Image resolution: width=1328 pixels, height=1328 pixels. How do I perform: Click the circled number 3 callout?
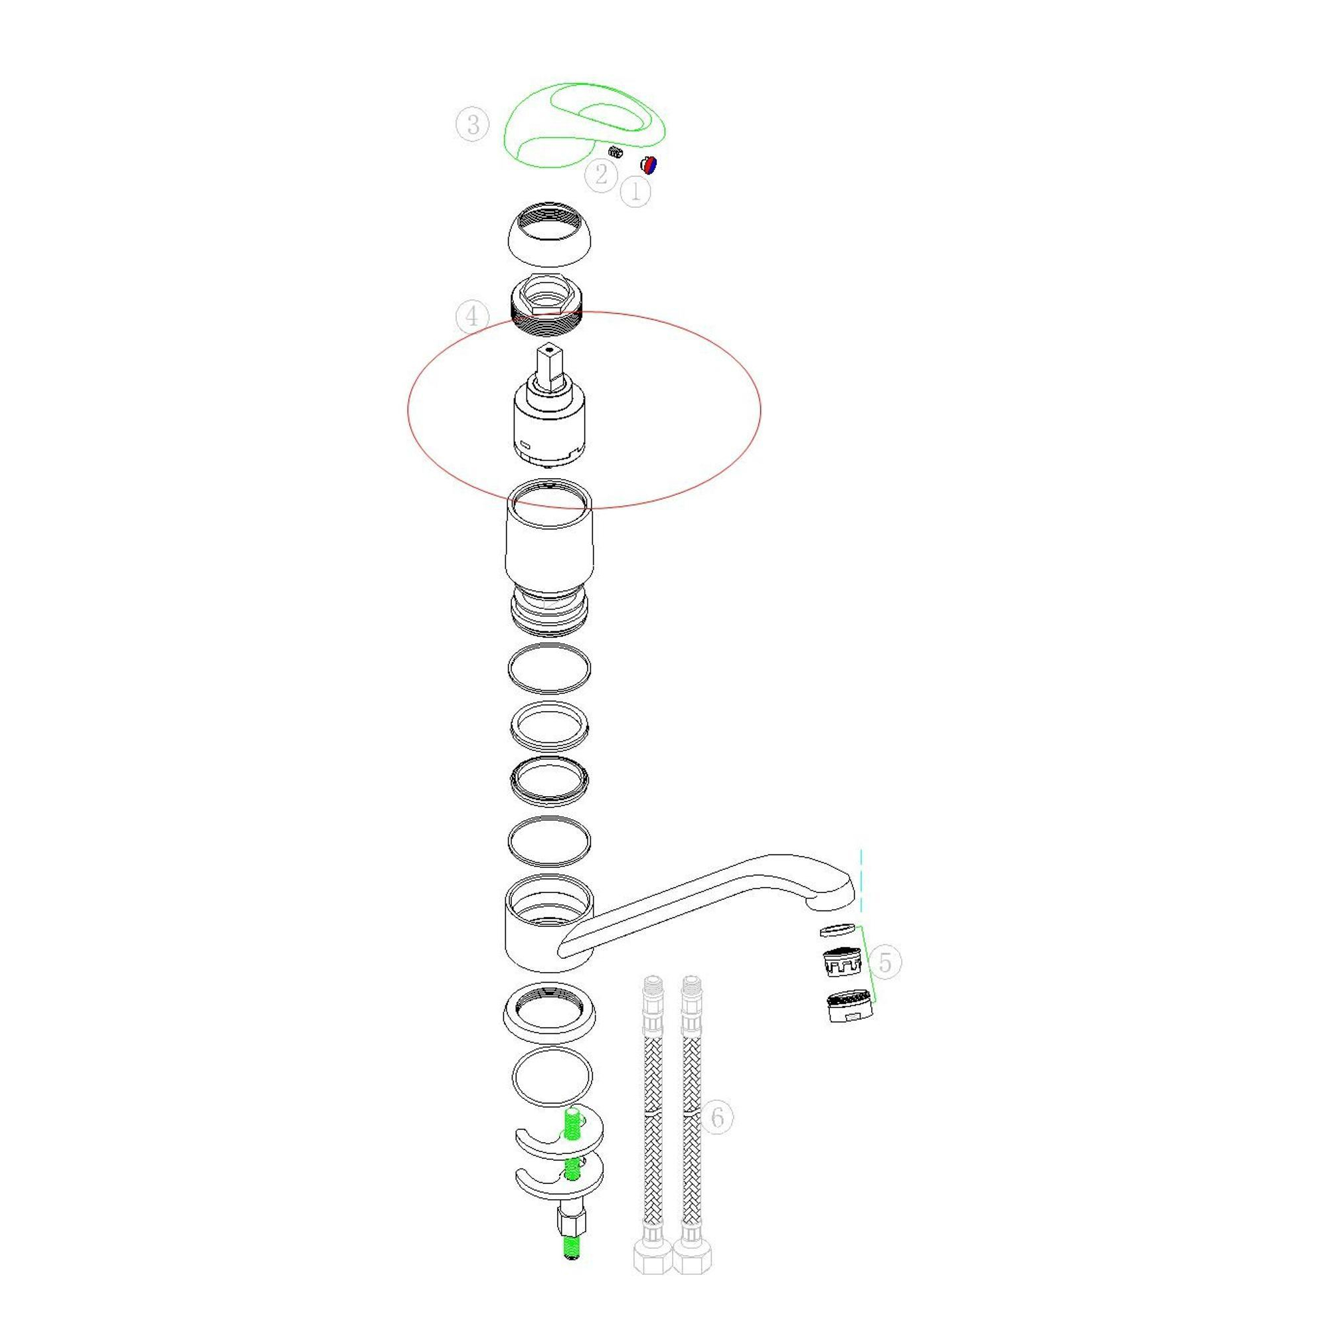[472, 125]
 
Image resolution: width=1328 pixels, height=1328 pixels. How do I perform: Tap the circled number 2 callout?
[601, 175]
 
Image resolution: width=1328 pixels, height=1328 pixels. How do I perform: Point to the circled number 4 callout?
[472, 316]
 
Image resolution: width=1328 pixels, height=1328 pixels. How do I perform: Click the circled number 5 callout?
[884, 962]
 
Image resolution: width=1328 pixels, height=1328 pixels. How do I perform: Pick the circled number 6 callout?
[717, 1117]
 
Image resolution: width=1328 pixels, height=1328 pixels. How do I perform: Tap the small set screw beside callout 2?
[616, 151]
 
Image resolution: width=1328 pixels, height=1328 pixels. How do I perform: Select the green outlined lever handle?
[523, 155]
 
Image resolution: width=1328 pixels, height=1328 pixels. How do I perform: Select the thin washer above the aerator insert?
[838, 930]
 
